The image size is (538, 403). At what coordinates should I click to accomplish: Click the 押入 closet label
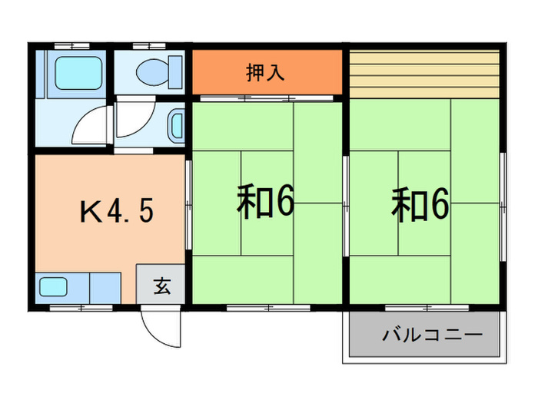(265, 73)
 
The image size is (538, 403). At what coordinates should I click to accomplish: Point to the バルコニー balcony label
(432, 335)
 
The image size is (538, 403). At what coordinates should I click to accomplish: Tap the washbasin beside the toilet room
(176, 124)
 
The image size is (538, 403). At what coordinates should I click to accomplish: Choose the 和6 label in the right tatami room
(420, 203)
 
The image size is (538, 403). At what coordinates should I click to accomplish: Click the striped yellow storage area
(425, 74)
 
